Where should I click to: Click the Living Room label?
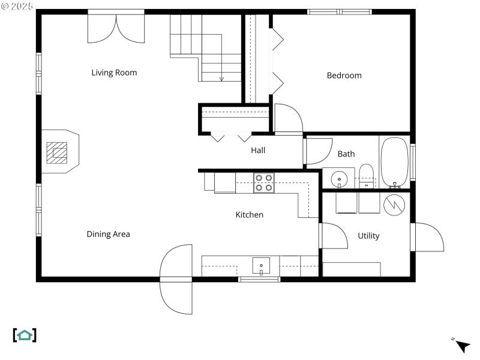pos(114,73)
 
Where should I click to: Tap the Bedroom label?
pos(344,76)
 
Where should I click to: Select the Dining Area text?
pos(108,234)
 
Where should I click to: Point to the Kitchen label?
pos(249,214)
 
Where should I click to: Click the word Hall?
pos(258,150)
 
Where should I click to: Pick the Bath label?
pos(346,154)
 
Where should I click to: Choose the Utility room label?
pos(368,236)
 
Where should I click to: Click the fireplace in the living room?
pos(58,152)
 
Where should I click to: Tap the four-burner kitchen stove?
pos(263,182)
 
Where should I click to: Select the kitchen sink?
pos(262,265)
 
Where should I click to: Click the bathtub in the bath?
pos(394,162)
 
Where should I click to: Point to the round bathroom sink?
pos(340,179)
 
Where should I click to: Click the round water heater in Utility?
pos(395,204)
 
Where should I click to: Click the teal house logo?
pos(25,335)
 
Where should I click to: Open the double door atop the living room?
pos(116,27)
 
